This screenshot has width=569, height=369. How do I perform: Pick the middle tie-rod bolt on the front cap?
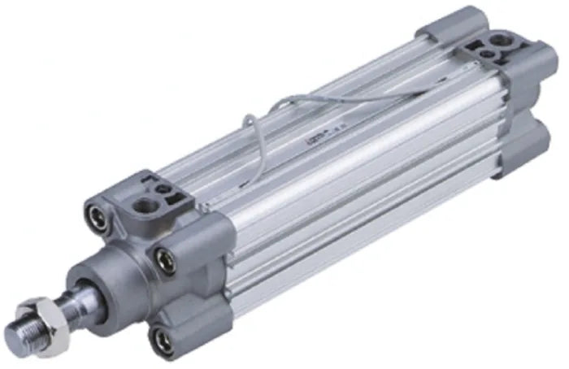pyautogui.click(x=166, y=261)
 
